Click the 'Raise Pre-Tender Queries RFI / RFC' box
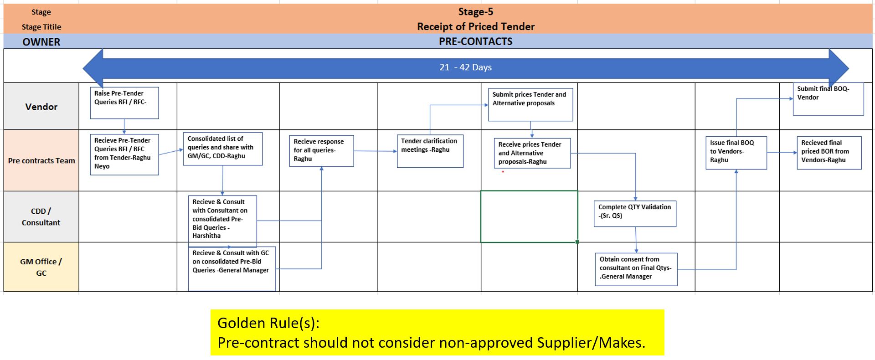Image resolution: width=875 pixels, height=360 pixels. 124,103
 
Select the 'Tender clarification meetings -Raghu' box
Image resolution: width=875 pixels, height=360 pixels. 430,151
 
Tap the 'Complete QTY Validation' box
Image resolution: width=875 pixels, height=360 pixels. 634,213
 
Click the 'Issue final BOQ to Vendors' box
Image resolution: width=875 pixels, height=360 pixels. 736,153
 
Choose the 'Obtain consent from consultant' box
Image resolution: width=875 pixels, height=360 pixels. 636,269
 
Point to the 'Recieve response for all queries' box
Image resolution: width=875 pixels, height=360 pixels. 321,150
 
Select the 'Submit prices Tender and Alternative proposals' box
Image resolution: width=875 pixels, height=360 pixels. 530,105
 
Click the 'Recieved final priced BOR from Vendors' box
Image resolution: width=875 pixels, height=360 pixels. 829,153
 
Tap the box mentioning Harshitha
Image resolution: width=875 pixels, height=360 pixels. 222,221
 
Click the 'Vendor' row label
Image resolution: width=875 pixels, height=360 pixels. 41,107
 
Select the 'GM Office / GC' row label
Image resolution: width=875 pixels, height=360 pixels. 41,267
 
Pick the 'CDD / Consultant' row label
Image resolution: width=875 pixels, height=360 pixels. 41,216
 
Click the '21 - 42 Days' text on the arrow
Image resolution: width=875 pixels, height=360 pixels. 465,67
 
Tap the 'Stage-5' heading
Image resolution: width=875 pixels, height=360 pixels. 475,12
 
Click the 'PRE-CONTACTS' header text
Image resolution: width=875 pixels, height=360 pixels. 475,41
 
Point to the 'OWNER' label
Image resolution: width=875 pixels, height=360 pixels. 41,42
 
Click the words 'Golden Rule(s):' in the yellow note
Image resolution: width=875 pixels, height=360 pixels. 268,323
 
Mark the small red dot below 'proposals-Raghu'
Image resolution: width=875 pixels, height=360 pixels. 503,172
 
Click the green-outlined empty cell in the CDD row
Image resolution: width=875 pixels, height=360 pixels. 529,216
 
